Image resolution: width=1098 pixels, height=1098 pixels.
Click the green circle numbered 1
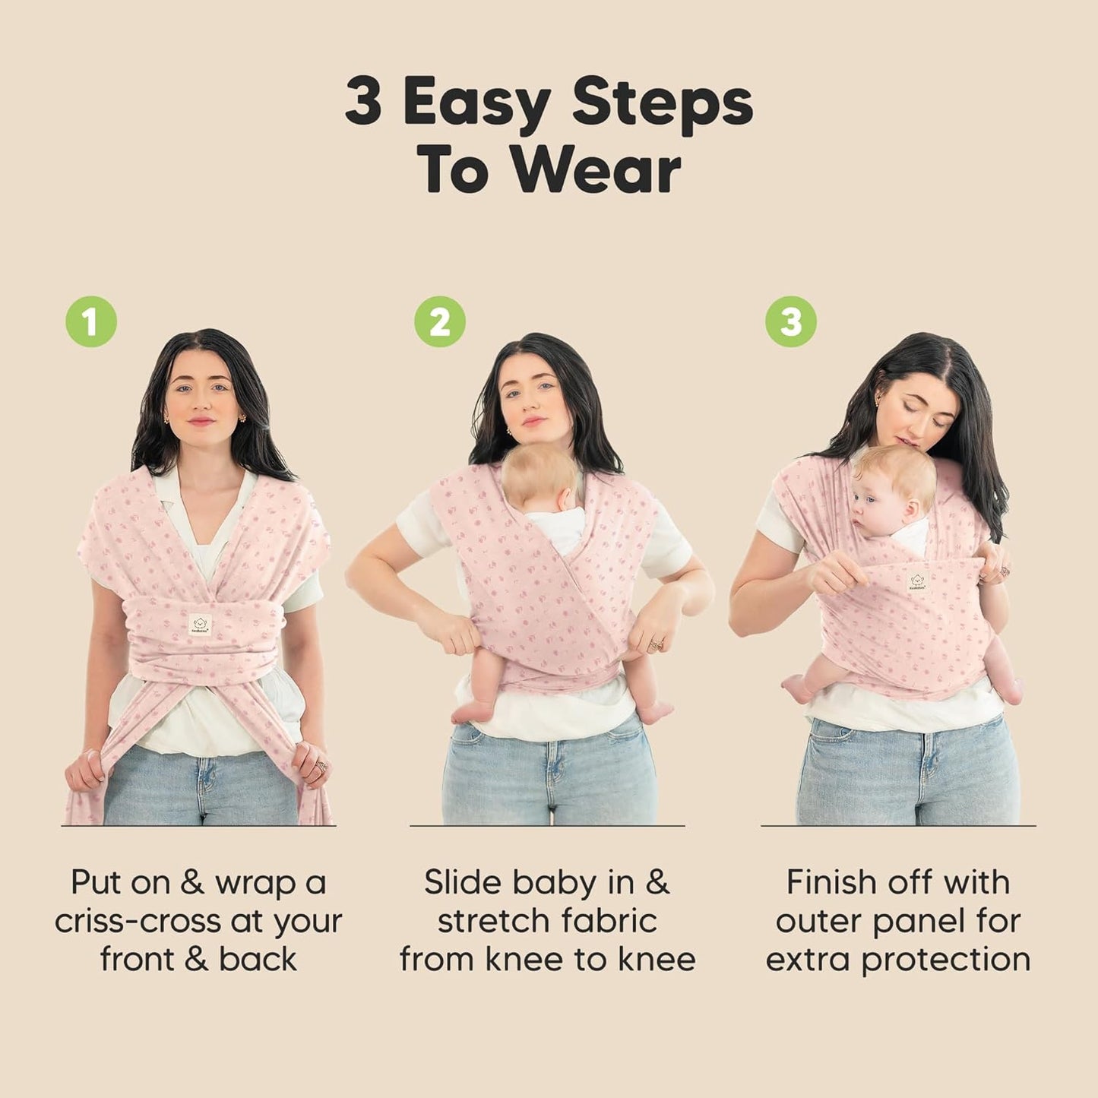91,321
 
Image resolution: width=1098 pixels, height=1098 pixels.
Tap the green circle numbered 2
440,321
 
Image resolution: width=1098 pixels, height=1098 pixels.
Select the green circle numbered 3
791,321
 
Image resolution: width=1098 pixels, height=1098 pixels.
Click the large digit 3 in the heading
363,102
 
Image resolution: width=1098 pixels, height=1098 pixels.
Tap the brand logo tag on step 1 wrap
200,624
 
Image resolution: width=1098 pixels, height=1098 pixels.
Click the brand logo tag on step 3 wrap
917,581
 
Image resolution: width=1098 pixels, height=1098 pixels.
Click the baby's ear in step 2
566,498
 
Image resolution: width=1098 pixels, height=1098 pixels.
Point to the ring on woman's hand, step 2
653,645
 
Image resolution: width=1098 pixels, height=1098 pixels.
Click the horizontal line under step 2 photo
547,825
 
